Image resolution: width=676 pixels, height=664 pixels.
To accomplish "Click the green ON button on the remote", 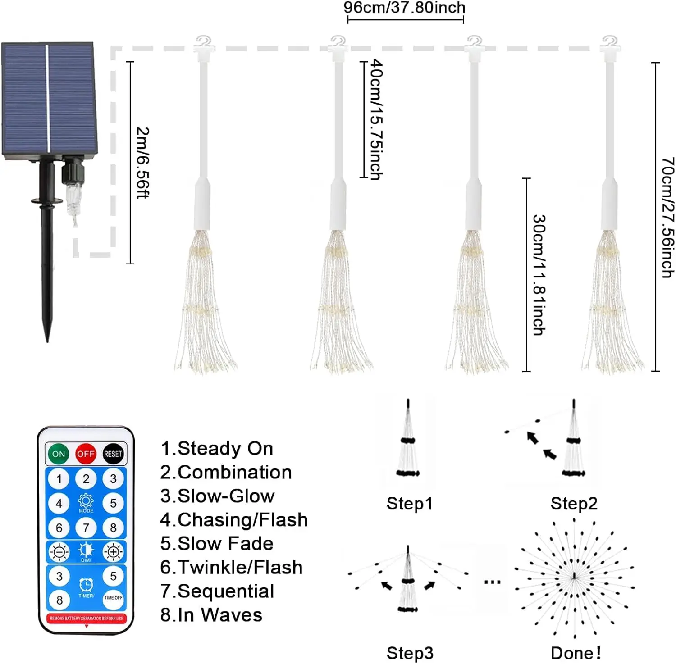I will pyautogui.click(x=59, y=454).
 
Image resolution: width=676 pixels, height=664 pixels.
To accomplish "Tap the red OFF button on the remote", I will pyautogui.click(x=86, y=454).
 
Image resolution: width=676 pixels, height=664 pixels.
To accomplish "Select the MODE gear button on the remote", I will pyautogui.click(x=86, y=503).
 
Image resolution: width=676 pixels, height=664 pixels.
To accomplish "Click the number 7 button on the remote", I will pyautogui.click(x=86, y=527).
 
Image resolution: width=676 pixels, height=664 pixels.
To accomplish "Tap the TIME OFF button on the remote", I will pyautogui.click(x=113, y=598).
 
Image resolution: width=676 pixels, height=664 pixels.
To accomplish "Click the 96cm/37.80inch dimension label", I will pyautogui.click(x=404, y=8).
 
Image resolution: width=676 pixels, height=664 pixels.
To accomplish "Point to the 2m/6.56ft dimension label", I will pyautogui.click(x=143, y=163).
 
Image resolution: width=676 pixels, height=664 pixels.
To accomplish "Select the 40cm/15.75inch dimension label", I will pyautogui.click(x=376, y=120).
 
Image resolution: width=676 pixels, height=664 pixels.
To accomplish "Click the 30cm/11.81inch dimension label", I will pyautogui.click(x=539, y=275).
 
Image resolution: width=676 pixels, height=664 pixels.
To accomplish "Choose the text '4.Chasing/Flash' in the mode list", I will pyautogui.click(x=234, y=520).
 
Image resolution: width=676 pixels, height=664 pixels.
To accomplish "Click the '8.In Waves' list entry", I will pyautogui.click(x=211, y=615).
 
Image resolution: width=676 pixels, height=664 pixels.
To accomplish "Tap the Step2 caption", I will pyautogui.click(x=574, y=503).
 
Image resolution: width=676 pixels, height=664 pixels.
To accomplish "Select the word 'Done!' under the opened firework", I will pyautogui.click(x=576, y=653).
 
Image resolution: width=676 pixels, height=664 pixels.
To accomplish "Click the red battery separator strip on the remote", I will pyautogui.click(x=86, y=619).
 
